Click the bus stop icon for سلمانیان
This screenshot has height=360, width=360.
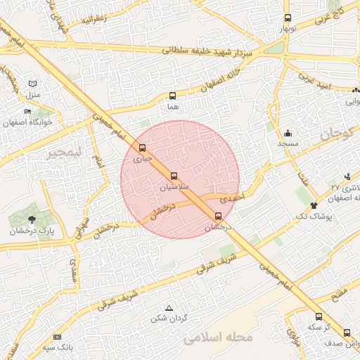tap(174, 176)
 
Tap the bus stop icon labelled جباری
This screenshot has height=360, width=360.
tap(143, 148)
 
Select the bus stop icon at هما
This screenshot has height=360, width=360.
tap(172, 96)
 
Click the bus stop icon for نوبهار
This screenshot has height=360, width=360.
tap(287, 18)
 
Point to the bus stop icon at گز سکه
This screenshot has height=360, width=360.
tap(319, 316)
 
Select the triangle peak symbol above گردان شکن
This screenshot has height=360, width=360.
tap(168, 308)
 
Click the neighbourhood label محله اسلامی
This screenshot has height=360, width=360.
tap(217, 338)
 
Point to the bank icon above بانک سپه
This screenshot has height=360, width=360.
tap(57, 337)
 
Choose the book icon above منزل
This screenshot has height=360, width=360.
tap(32, 84)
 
